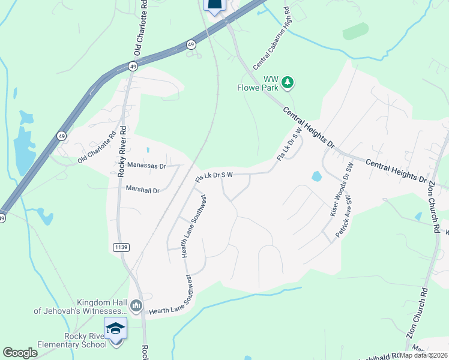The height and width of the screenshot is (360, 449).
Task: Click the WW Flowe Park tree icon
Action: tap(288, 82)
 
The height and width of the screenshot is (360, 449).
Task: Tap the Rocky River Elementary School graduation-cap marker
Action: tap(115, 329)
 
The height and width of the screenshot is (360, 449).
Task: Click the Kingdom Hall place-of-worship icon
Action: tap(136, 306)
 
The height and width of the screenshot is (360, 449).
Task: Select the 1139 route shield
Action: tap(120, 247)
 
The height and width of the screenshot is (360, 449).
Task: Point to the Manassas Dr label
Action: tap(145, 164)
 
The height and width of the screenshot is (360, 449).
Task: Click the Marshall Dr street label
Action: tap(142, 190)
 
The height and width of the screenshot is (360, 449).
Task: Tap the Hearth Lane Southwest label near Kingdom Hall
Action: tap(173, 307)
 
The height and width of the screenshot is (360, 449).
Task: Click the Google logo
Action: tap(20, 353)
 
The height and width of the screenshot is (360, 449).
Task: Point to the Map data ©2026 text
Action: tap(422, 355)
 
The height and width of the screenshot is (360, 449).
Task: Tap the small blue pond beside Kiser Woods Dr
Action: tap(316, 176)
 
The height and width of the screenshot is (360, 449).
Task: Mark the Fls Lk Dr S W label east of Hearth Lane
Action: tap(214, 176)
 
